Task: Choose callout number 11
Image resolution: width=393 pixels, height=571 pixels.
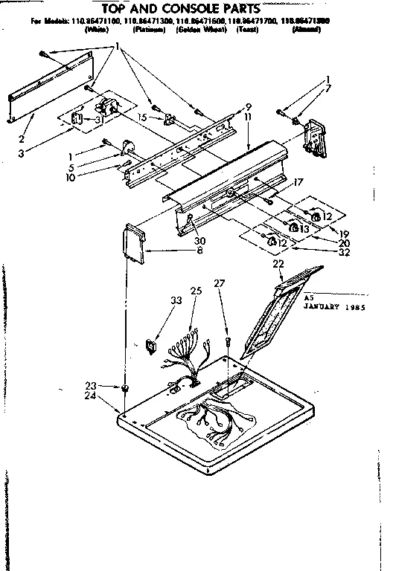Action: pos(248,117)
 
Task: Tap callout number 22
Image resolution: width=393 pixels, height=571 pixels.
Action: pos(278,264)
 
